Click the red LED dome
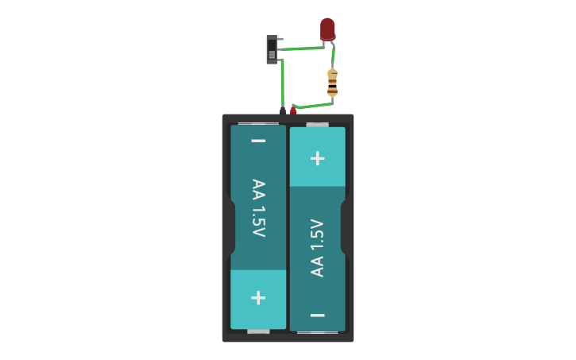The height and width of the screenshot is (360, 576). click(x=327, y=28)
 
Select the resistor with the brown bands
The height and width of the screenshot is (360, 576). click(x=332, y=82)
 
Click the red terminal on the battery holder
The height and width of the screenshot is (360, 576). click(x=293, y=110)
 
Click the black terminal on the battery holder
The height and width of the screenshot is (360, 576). click(x=282, y=110)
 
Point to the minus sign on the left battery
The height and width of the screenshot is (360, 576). click(x=258, y=141)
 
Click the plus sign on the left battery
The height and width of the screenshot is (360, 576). click(x=258, y=297)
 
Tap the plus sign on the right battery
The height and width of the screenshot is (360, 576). click(x=317, y=158)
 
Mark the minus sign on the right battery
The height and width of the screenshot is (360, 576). click(x=317, y=315)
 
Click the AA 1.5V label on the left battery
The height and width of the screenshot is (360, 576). click(x=258, y=208)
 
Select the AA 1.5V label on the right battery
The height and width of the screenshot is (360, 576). click(x=317, y=247)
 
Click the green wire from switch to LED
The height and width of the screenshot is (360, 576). click(x=302, y=49)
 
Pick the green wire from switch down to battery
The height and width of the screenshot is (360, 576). click(x=282, y=83)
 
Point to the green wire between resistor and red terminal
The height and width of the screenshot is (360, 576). click(x=314, y=104)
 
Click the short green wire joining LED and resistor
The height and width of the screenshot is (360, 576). click(x=333, y=56)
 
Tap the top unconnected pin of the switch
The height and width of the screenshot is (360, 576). click(x=280, y=38)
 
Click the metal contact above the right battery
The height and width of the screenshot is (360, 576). click(x=317, y=124)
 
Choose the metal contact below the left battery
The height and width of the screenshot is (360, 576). click(x=258, y=331)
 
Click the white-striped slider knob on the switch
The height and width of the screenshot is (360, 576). click(x=272, y=55)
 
